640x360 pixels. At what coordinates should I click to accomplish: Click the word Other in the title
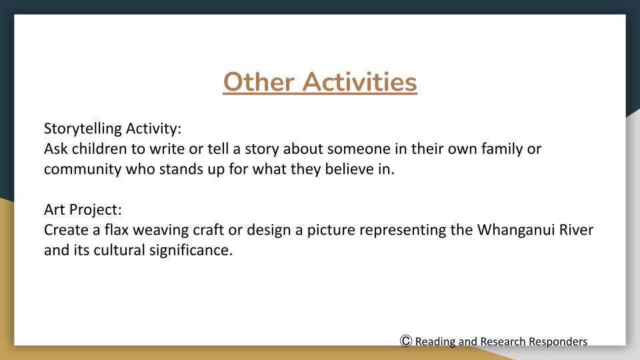(258, 82)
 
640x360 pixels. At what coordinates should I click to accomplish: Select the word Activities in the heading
(359, 82)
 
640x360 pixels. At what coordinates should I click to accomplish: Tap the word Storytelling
(83, 129)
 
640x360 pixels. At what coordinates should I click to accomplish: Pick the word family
(503, 149)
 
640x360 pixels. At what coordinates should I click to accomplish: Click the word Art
(54, 210)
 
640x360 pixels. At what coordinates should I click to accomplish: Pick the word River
(576, 230)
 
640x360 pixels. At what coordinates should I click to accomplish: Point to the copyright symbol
(406, 341)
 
